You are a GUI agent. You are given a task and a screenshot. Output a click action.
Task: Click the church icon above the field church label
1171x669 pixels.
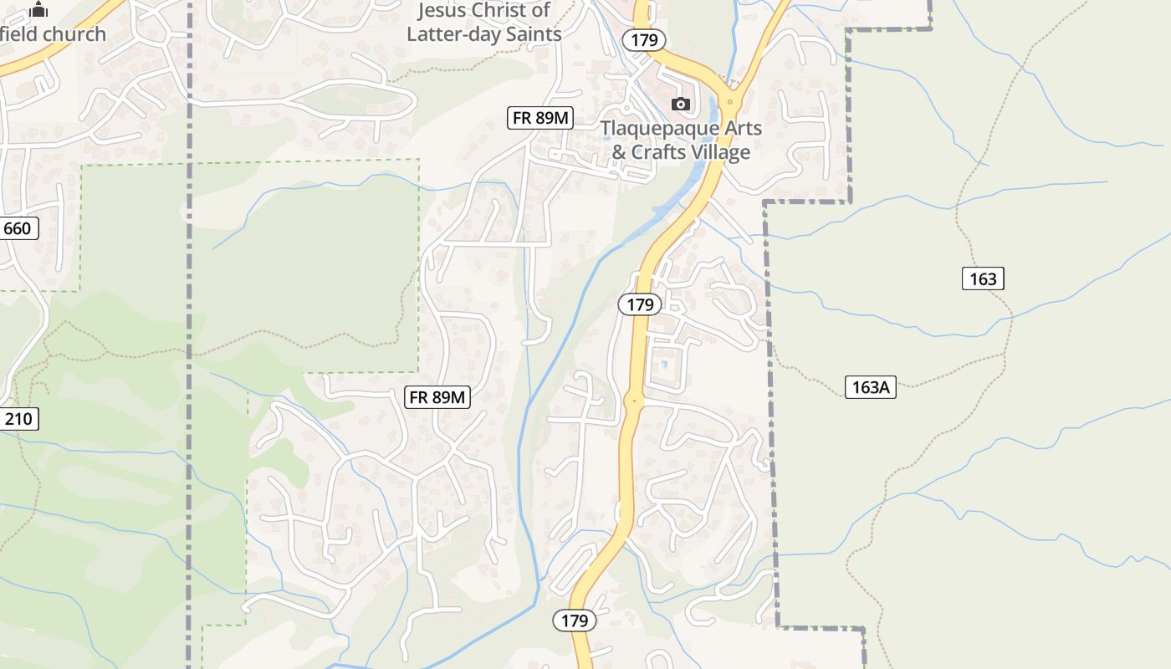39,10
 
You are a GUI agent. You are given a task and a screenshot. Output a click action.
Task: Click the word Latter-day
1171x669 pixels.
456,33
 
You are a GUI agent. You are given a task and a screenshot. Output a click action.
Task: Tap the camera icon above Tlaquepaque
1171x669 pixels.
681,104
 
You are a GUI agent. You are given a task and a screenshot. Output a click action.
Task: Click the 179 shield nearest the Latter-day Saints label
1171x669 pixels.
643,39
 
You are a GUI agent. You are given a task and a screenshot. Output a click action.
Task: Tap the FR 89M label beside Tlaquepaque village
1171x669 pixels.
539,118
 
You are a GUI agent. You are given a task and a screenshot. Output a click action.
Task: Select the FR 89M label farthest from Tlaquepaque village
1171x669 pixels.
437,397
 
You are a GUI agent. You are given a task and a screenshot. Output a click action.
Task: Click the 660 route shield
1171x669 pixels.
17,228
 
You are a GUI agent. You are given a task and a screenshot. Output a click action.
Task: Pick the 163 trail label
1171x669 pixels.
983,278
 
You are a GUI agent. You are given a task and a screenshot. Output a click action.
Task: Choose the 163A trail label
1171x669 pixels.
870,387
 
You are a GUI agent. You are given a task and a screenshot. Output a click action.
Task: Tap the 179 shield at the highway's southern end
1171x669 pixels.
575,620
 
